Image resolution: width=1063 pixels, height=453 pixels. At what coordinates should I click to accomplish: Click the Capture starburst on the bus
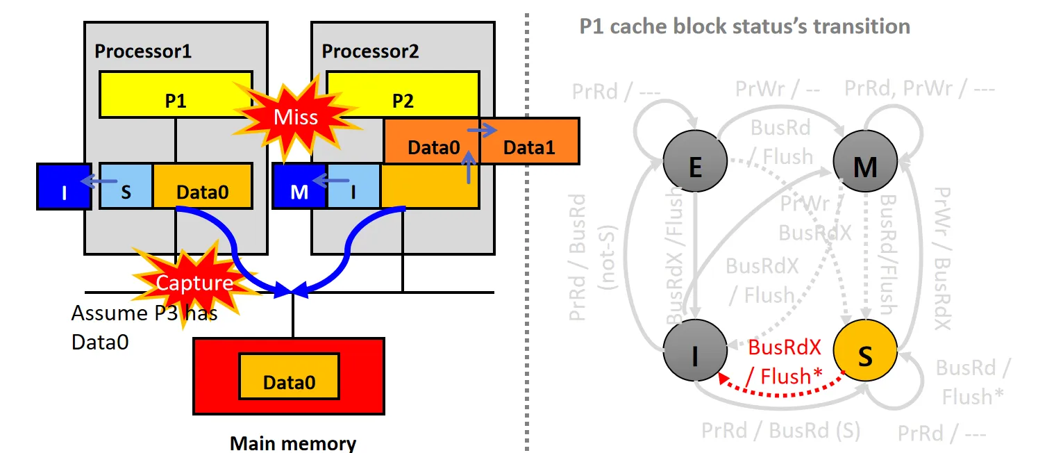point(194,282)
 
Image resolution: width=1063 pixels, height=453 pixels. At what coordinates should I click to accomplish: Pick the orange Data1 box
point(529,147)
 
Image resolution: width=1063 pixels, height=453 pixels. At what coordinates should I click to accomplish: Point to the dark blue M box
point(299,187)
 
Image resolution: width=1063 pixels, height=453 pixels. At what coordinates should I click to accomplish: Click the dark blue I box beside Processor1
point(64,187)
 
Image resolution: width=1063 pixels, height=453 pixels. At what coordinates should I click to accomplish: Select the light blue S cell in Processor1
point(126,187)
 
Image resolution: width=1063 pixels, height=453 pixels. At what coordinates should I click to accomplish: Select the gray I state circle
point(694,355)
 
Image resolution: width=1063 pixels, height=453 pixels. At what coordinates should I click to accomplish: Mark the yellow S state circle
point(864,355)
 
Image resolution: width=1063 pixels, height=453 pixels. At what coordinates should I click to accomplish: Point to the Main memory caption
point(293,443)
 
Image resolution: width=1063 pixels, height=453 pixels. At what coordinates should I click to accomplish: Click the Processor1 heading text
point(143,51)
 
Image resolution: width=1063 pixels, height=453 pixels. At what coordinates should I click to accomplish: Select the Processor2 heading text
point(371,51)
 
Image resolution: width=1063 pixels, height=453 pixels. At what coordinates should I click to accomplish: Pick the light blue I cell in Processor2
point(353,187)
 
